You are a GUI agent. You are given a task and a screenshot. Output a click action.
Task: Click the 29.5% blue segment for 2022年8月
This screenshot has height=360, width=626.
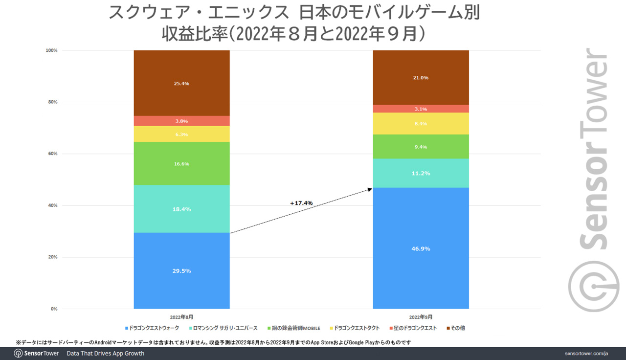[181, 270]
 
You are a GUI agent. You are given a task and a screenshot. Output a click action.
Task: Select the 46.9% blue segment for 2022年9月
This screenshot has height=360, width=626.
[421, 248]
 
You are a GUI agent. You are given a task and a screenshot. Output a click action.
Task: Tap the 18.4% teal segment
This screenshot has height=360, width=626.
[181, 209]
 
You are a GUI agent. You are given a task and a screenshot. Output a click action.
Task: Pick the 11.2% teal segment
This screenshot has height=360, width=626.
[421, 173]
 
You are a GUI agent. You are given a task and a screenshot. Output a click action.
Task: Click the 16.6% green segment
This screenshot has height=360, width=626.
[181, 163]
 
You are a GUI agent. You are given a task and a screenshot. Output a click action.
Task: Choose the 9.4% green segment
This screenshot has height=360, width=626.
[421, 147]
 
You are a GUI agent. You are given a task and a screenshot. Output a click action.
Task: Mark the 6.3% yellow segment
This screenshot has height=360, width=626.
[181, 134]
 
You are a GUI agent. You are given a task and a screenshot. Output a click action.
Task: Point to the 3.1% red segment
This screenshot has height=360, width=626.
[421, 109]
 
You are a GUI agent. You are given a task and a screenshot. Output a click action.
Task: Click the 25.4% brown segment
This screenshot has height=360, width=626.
[181, 83]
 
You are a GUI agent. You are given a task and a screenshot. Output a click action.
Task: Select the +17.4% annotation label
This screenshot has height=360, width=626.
[301, 202]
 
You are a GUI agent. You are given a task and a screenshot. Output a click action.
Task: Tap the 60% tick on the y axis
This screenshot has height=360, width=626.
[52, 154]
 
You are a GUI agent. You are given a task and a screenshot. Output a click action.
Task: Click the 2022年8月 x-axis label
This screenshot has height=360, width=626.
[181, 317]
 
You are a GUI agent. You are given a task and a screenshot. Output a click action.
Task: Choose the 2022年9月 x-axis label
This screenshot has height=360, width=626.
[421, 317]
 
